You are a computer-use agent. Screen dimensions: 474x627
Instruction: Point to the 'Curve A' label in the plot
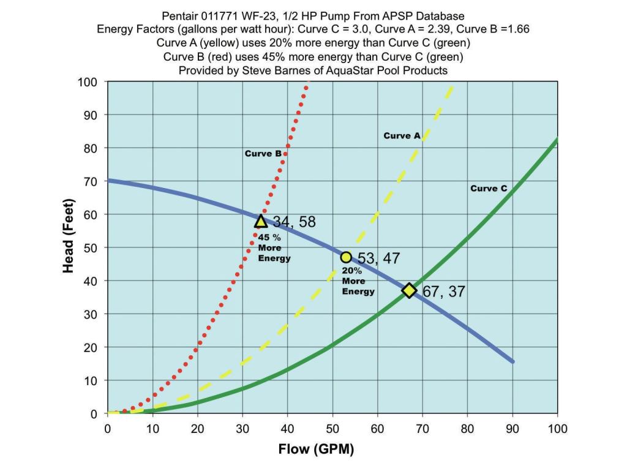point(402,136)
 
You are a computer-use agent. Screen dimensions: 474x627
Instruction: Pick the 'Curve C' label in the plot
point(489,189)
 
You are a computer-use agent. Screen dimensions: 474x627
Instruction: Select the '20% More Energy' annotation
point(358,280)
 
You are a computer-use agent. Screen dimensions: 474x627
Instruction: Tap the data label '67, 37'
point(444,292)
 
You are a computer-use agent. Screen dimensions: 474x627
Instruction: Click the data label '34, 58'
point(295,222)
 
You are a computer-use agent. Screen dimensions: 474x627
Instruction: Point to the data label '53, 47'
point(378,258)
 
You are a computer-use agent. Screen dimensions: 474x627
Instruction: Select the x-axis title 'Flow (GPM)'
point(316,450)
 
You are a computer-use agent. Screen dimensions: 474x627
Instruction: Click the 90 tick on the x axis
point(512,429)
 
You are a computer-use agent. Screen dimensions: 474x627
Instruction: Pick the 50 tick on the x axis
point(332,429)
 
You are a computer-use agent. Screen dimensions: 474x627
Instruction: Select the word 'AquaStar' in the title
point(366,70)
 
